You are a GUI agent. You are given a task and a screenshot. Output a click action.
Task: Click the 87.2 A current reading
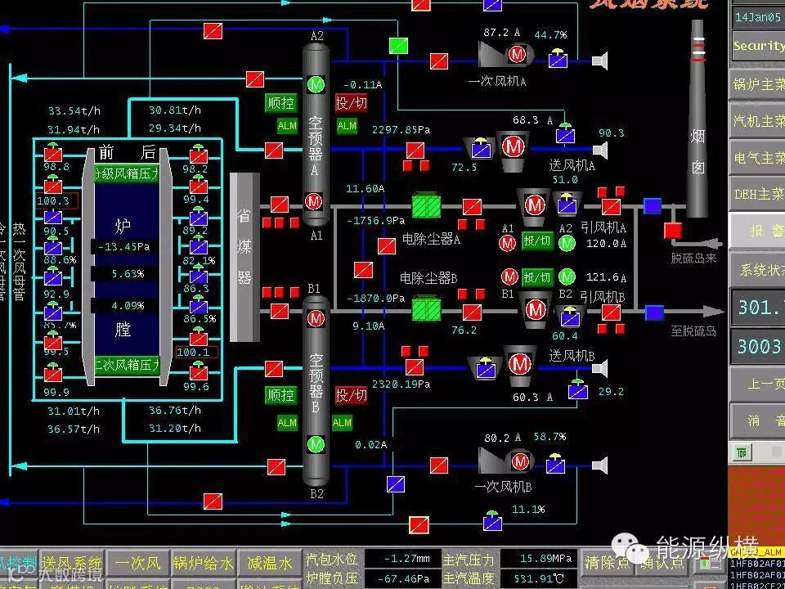[x=502, y=33]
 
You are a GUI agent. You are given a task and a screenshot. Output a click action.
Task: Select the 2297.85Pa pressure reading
[x=401, y=129]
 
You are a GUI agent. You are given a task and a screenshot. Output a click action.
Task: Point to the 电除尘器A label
[x=431, y=240]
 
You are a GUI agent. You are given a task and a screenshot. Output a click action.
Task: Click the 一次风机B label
[x=503, y=487]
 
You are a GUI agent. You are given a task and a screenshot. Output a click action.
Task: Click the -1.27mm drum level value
[x=401, y=560]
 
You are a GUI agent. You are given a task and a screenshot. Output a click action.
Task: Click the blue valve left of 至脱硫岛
[x=654, y=312]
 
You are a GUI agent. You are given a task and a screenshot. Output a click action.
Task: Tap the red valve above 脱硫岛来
[x=673, y=230]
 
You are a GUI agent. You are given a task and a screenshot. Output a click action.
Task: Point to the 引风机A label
[x=603, y=228]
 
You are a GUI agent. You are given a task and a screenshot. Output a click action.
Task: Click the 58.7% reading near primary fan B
[x=549, y=437]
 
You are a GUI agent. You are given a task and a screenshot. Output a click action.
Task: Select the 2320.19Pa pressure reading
[x=401, y=384]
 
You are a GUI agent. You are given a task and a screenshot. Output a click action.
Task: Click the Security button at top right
[x=758, y=46]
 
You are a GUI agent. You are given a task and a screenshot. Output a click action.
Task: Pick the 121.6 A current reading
[x=603, y=277]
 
